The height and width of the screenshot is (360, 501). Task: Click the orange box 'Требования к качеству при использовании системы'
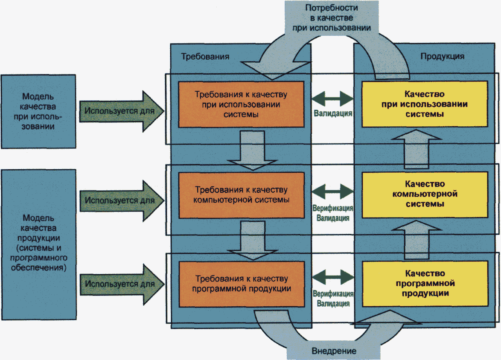[x=242, y=104]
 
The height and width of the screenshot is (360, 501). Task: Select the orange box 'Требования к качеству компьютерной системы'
[x=242, y=195]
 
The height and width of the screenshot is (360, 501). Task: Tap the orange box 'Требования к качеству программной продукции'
[x=242, y=284]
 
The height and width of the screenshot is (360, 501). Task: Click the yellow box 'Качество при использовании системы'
[x=424, y=104]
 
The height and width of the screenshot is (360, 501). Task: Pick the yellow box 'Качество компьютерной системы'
[x=424, y=194]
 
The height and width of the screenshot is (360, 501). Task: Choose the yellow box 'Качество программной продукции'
[x=424, y=284]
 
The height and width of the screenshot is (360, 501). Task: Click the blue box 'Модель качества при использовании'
[x=38, y=112]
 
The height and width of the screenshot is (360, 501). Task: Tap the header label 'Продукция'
[x=443, y=56]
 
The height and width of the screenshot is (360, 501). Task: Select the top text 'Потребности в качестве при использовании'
[x=331, y=17]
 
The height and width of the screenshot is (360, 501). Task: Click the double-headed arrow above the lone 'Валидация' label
[x=333, y=99]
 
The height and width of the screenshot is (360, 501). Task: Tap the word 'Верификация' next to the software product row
[x=333, y=294]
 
